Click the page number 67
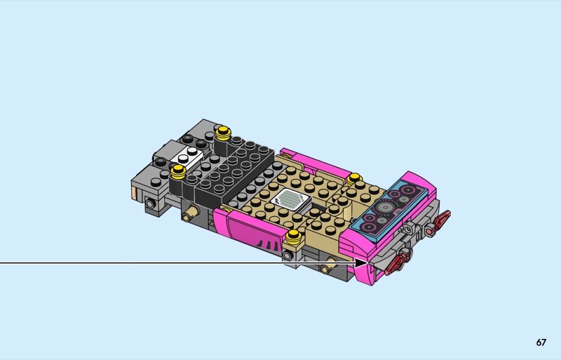click(541, 342)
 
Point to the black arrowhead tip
click(367, 263)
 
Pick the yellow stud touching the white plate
click(178, 172)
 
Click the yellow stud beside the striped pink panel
click(293, 235)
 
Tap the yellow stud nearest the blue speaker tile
click(354, 178)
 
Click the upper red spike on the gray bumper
click(440, 220)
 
